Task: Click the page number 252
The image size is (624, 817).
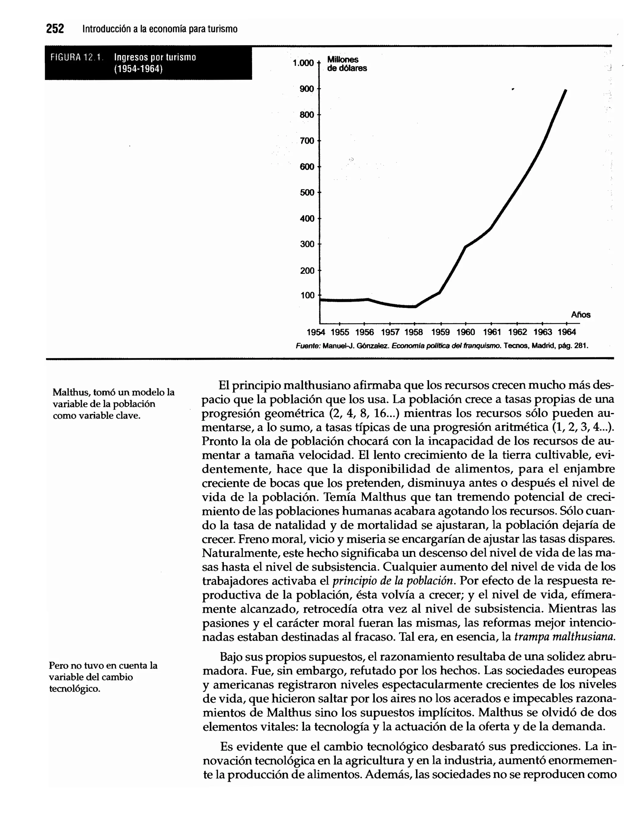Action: tap(55, 29)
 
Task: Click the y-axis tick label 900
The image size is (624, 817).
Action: tap(307, 89)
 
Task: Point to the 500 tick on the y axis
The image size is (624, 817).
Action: tap(307, 193)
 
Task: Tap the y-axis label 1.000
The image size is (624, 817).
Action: tap(303, 63)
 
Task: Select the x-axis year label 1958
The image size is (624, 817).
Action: tap(414, 332)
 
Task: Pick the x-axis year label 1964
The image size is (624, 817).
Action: tap(567, 332)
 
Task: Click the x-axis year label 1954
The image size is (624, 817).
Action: tap(316, 332)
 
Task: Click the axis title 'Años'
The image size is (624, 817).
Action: tap(580, 315)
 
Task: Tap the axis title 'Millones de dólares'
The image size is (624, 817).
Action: tap(346, 64)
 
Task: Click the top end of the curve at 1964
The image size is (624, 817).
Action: tap(565, 91)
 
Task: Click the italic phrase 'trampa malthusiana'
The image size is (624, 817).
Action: tap(565, 637)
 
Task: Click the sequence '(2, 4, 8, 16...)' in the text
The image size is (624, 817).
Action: tap(364, 414)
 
